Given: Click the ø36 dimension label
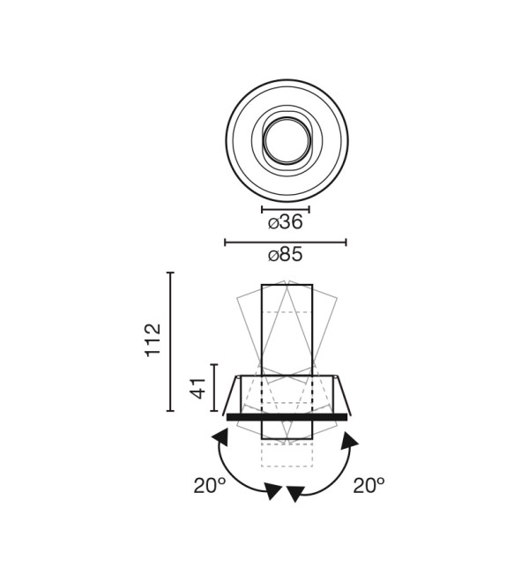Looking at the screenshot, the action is coord(285,222).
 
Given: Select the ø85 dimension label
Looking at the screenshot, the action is coord(285,255).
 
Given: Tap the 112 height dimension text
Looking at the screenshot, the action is coord(153,340).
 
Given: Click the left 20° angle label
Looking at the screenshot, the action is coord(209,486).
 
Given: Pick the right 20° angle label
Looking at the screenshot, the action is coord(369,486).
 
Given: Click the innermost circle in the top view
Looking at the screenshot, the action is coord(287,140).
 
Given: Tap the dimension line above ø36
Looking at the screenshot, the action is coord(286,210).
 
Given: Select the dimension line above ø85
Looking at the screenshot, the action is coord(286,242).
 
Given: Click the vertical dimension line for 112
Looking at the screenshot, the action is coord(170,341).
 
